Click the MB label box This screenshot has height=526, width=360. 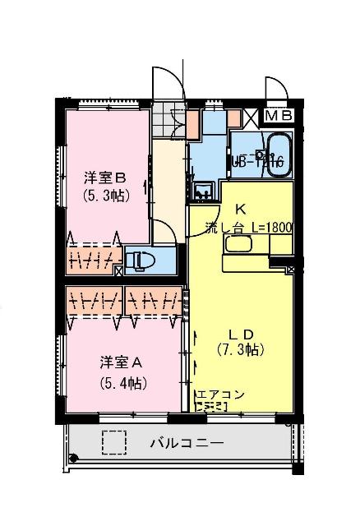pyautogui.click(x=282, y=116)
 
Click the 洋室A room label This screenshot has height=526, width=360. pyautogui.click(x=121, y=362)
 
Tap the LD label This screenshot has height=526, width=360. pyautogui.click(x=240, y=333)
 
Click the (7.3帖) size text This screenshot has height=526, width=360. pyautogui.click(x=240, y=350)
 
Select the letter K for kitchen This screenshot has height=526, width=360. pyautogui.click(x=241, y=209)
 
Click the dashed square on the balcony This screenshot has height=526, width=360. pyautogui.click(x=114, y=443)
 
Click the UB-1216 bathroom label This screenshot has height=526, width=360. pyautogui.click(x=257, y=162)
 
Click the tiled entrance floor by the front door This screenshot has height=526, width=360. pyautogui.click(x=173, y=121)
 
